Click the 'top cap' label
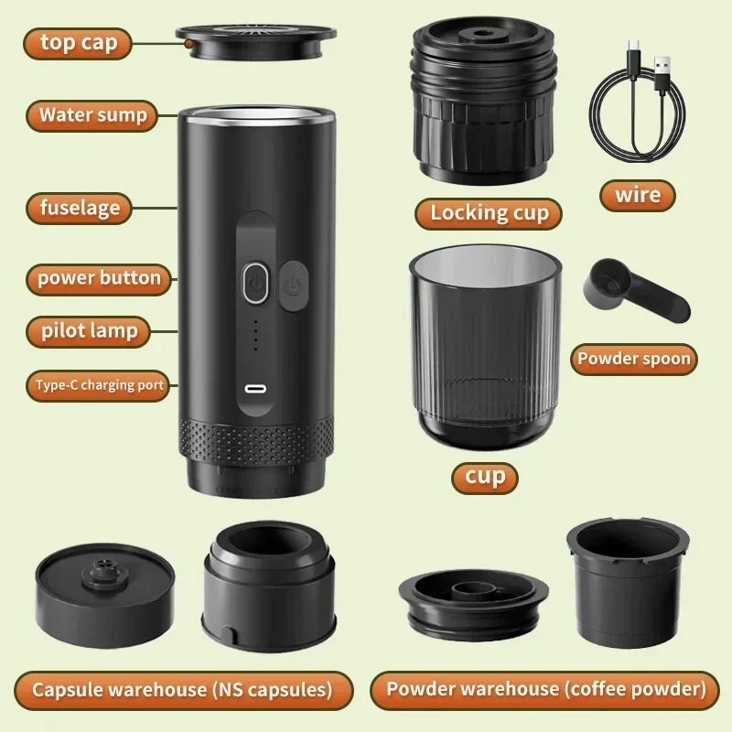tap(85, 42)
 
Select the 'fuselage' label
tap(80, 208)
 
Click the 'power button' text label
tap(99, 278)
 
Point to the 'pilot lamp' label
tap(89, 330)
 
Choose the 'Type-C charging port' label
tap(100, 385)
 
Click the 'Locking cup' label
tap(490, 213)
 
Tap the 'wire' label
tap(638, 195)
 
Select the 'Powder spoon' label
tap(633, 359)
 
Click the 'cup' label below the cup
tap(485, 477)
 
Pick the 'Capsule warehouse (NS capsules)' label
tap(182, 688)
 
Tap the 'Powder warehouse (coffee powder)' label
tap(546, 688)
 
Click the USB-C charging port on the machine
tap(257, 388)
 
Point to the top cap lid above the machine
tap(246, 42)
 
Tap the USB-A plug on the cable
tap(662, 68)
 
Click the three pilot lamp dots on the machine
tap(255, 336)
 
